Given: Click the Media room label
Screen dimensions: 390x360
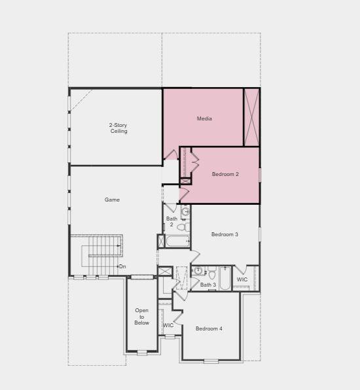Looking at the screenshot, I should click(204, 118).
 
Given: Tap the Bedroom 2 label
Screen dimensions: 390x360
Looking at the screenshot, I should click(225, 174).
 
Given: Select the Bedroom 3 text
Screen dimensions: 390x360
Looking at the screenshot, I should click(225, 234).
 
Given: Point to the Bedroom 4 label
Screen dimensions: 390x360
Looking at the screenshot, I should click(209, 328).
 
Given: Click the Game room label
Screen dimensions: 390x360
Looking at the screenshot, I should click(112, 200).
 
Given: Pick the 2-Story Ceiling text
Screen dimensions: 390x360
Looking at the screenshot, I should click(118, 128).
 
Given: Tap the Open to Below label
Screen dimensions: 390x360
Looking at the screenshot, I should click(142, 317).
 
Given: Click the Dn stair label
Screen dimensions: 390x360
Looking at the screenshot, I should click(122, 266).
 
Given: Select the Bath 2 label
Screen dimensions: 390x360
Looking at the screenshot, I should click(171, 222).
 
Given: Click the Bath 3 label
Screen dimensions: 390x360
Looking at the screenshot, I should click(207, 285).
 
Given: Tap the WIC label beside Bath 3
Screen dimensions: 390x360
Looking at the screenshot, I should click(242, 279).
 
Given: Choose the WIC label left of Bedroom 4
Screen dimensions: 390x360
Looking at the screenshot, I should click(168, 325).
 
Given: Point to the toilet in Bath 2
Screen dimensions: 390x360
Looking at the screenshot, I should click(185, 227).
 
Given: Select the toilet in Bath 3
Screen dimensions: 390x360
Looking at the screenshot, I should click(211, 274).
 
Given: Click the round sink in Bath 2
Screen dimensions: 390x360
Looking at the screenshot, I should click(185, 211).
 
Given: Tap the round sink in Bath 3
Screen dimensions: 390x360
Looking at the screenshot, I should click(198, 271).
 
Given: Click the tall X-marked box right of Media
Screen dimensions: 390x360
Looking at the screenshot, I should click(251, 117).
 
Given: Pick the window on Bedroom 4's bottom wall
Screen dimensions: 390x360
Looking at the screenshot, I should click(211, 361).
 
